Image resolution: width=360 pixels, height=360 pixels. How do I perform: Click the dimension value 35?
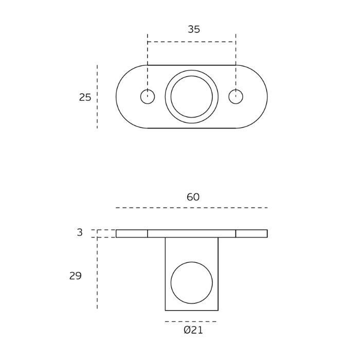193,29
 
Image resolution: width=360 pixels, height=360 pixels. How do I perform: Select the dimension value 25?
85,97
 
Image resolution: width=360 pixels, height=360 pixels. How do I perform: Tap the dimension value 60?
193,197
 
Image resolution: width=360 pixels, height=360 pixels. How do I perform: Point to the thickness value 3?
80,232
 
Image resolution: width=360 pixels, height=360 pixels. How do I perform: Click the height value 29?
76,276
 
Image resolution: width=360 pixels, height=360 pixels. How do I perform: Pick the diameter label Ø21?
193,330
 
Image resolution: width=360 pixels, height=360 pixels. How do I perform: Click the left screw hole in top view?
148,96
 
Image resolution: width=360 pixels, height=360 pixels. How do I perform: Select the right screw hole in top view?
236,96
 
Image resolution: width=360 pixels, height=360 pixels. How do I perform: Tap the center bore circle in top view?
191,97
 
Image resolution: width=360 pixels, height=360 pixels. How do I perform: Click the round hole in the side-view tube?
191,283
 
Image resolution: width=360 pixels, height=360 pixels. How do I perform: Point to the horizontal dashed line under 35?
191,42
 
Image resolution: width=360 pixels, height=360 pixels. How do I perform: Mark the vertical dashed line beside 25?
97,97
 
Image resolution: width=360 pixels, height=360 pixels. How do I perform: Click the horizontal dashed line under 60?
191,208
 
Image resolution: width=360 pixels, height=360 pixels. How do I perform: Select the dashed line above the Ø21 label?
191,321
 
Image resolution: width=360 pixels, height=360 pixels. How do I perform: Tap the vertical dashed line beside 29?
97,273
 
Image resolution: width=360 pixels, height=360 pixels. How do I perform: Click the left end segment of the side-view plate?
132,233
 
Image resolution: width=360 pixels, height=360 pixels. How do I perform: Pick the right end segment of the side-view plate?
251,233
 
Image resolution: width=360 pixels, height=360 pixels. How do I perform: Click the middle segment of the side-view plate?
191,233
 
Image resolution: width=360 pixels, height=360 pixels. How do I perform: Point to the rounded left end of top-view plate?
123,97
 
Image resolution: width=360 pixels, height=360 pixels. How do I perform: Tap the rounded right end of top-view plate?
260,97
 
